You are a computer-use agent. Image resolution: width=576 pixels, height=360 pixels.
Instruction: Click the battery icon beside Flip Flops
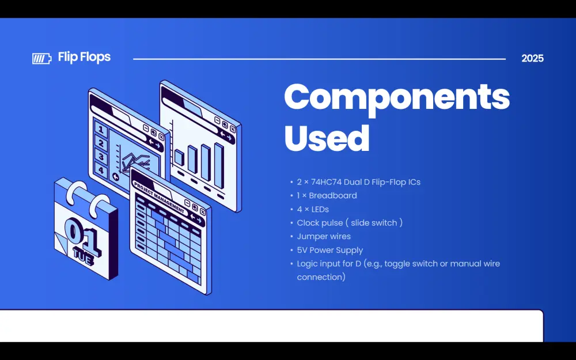point(41,58)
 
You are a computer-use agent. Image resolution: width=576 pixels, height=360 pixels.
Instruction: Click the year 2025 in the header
point(532,58)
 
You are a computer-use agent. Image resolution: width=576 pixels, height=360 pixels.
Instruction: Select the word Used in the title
point(327,138)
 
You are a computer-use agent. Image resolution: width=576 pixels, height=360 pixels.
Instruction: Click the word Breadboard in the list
point(333,196)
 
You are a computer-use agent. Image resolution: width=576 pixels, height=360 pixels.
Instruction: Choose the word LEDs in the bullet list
point(321,209)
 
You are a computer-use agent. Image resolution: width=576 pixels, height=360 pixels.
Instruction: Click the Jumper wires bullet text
point(324,237)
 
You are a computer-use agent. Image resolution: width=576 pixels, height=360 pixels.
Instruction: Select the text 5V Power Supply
point(330,251)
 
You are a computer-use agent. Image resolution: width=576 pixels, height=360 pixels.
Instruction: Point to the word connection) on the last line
point(321,277)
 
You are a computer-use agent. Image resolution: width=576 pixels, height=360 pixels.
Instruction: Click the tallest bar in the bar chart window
point(219,165)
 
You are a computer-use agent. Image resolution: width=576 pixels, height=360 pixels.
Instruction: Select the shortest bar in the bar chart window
point(179,157)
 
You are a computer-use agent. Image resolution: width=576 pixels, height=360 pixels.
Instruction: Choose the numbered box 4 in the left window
point(100,170)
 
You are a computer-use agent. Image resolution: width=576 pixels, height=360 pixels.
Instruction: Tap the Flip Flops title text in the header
point(84,58)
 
